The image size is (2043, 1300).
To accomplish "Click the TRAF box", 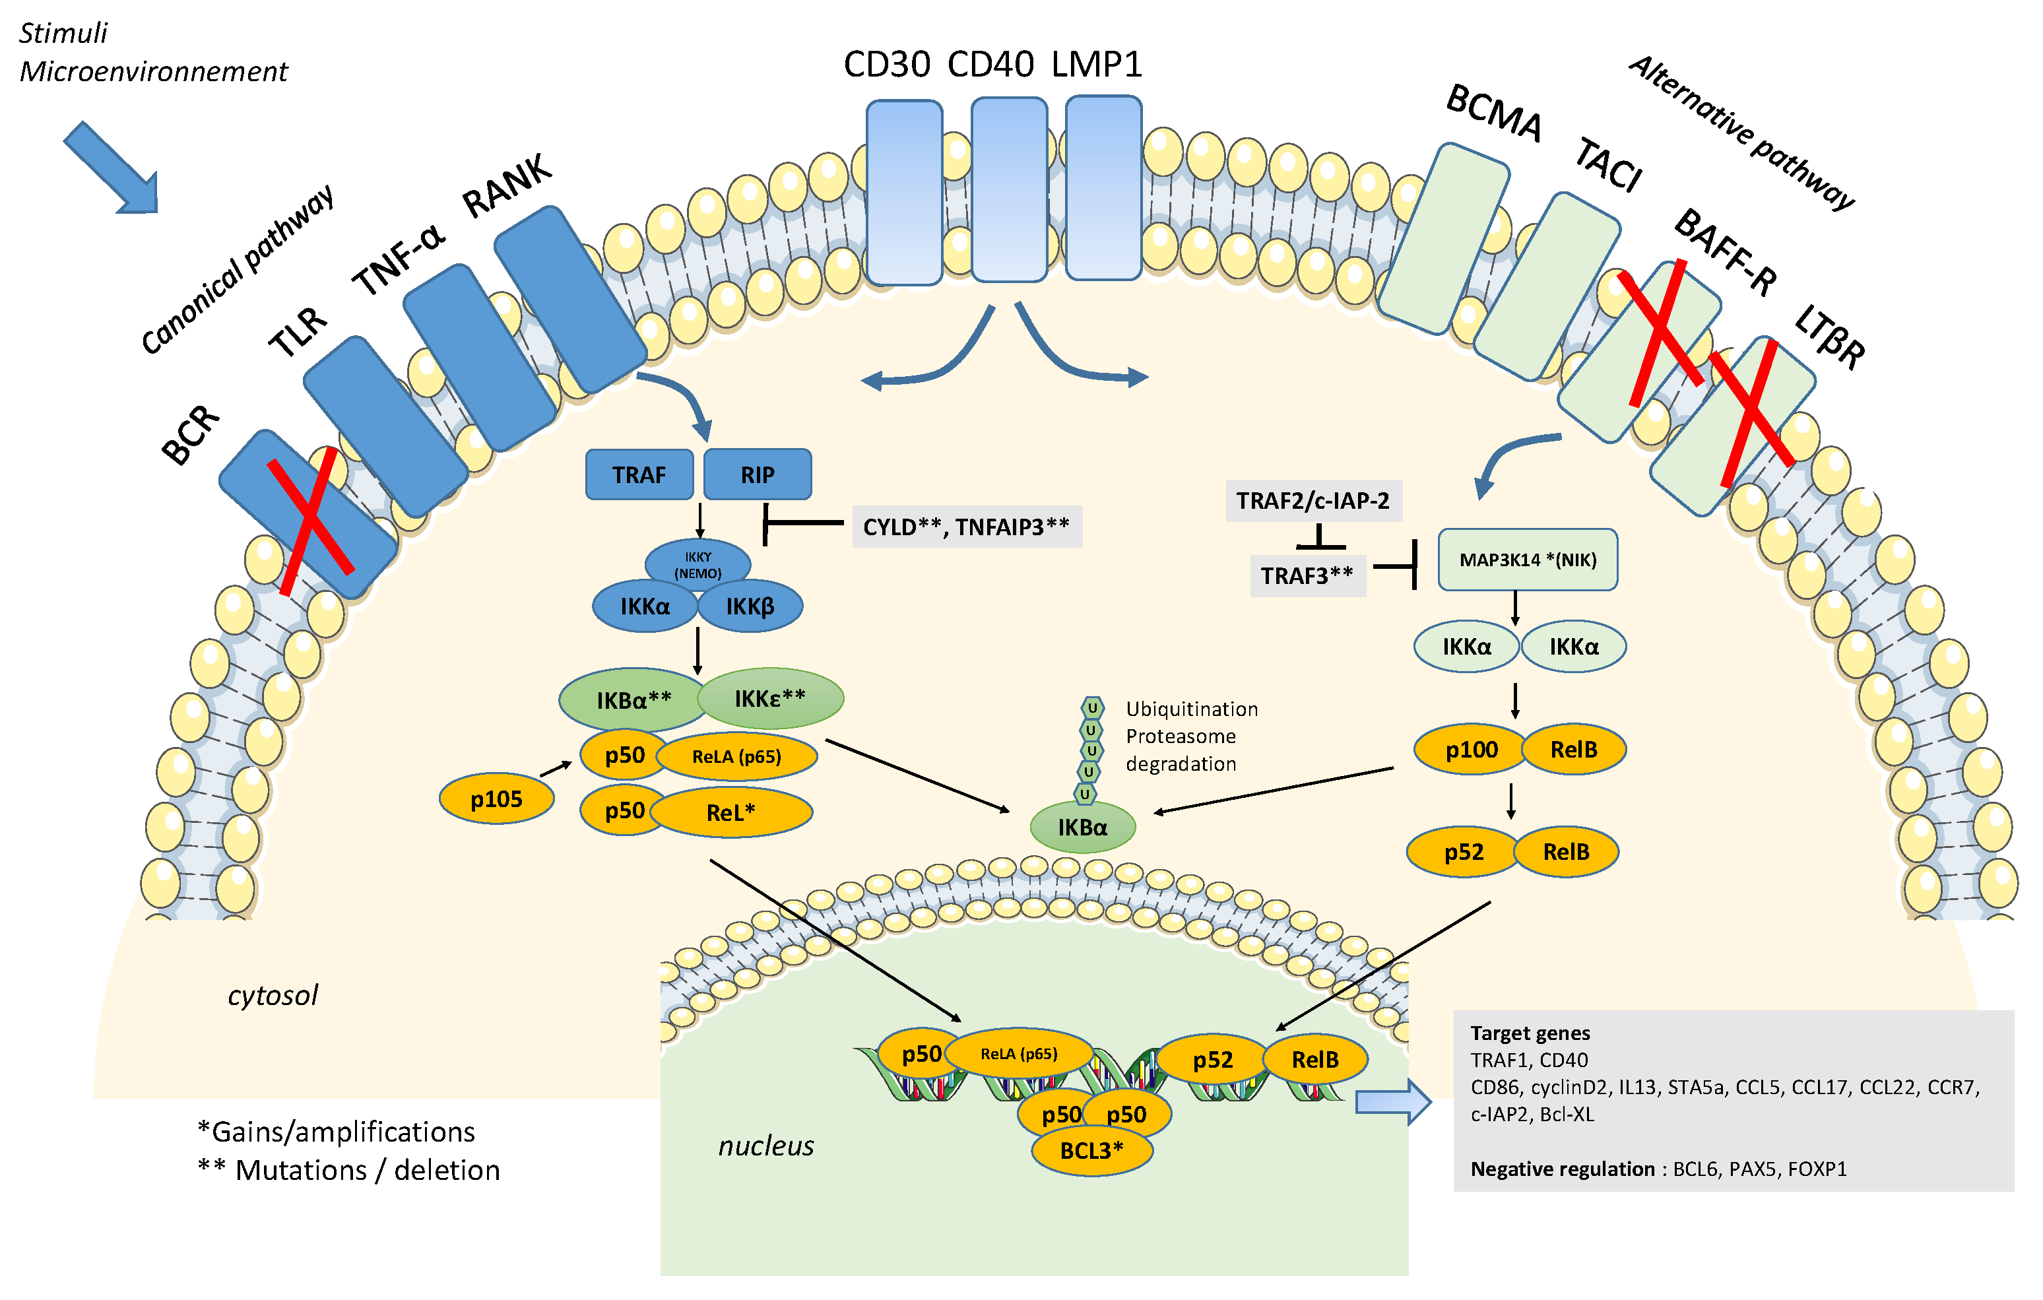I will pyautogui.click(x=639, y=474).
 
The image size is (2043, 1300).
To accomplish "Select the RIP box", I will pyautogui.click(x=757, y=474).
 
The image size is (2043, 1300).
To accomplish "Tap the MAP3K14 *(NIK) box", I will pyautogui.click(x=1527, y=559).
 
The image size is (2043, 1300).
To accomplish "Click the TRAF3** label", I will pyautogui.click(x=1307, y=576).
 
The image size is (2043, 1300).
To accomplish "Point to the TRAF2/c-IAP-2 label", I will pyautogui.click(x=1313, y=501).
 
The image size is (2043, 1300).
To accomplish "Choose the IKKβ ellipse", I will pyautogui.click(x=750, y=606).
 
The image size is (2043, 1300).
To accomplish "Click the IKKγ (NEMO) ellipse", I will pyautogui.click(x=697, y=564).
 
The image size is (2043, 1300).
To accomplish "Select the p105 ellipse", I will pyautogui.click(x=496, y=798).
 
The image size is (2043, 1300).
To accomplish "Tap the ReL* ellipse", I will pyautogui.click(x=730, y=812).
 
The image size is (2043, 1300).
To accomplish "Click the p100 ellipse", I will pyautogui.click(x=1470, y=749).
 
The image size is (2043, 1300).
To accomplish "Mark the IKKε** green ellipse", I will pyautogui.click(x=769, y=698).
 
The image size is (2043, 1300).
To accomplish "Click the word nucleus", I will pyautogui.click(x=765, y=1146).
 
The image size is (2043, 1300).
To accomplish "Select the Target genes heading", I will pyautogui.click(x=1530, y=1033).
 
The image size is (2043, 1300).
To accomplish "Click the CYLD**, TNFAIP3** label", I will pyautogui.click(x=965, y=527).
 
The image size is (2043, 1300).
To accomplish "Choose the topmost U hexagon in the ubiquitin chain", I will pyautogui.click(x=1092, y=707).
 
